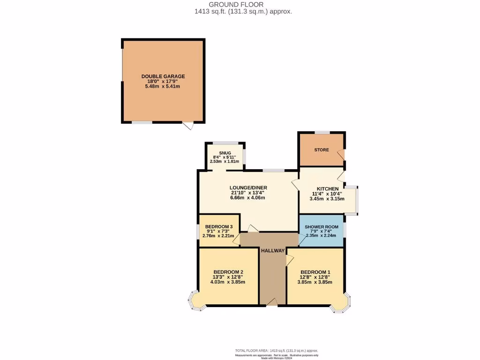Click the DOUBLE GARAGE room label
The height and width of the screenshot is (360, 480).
tap(163, 76)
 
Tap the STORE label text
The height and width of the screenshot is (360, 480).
tap(322, 150)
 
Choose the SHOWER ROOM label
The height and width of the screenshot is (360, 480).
tap(321, 227)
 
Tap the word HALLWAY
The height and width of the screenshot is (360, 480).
tap(273, 251)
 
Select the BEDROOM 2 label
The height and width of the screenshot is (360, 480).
tap(228, 272)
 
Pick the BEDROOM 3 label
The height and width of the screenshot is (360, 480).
tap(219, 226)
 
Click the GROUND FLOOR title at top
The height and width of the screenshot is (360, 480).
tap(243, 4)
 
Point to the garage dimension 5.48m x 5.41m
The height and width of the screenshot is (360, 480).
tap(163, 86)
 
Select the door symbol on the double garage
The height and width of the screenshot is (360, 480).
tap(188, 126)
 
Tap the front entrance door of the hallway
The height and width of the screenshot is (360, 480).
tap(272, 303)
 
